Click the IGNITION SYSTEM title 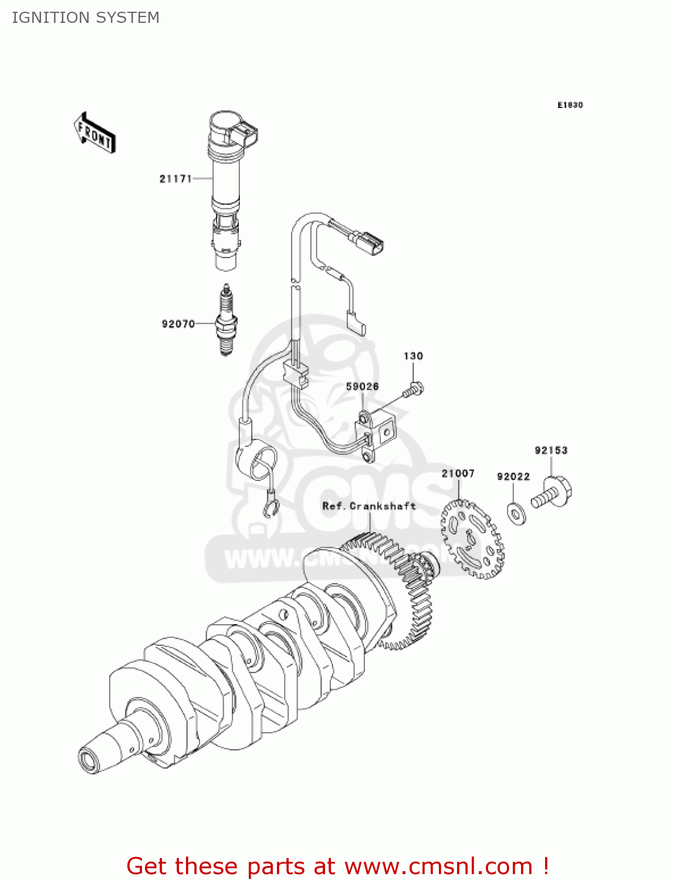point(86,18)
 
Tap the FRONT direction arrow point(94,134)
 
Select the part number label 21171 point(175,179)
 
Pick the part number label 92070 point(178,324)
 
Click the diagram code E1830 point(570,105)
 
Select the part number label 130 point(413,356)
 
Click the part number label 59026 point(362,387)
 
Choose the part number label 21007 point(458,473)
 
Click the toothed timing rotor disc point(472,539)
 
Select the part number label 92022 point(513,476)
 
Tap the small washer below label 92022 point(516,513)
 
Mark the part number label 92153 point(551,451)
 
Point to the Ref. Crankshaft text point(369,506)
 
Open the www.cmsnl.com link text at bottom point(438,866)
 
